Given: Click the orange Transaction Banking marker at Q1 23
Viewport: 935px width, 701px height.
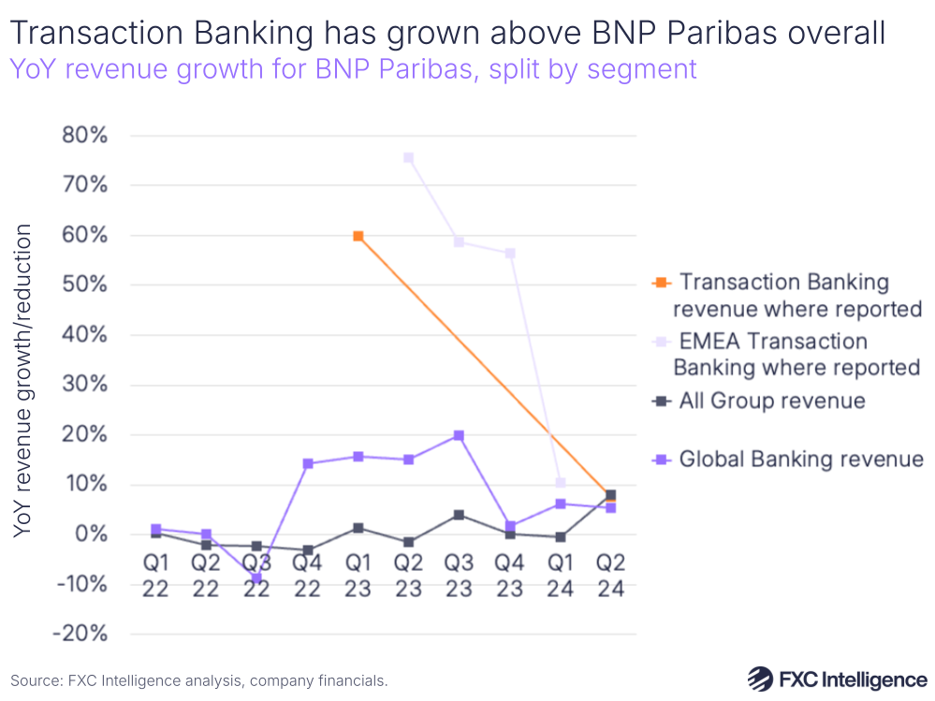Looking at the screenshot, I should tap(358, 236).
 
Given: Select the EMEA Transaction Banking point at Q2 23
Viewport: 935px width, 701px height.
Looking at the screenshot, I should tap(408, 158).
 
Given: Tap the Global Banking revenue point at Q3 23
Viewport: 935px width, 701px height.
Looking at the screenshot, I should tap(459, 435).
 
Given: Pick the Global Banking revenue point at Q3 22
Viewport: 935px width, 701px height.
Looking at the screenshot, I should tap(256, 578).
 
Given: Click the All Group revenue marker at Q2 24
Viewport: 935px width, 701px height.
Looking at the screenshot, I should tap(610, 495).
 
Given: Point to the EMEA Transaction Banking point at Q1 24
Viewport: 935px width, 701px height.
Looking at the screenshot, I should tap(560, 483).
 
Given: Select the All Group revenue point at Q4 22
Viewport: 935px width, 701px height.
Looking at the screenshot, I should tap(307, 550).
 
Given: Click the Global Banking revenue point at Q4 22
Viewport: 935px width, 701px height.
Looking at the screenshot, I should tap(307, 463).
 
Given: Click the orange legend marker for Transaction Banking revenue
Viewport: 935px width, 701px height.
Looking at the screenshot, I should tap(662, 283).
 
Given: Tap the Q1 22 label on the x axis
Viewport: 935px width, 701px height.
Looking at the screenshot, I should tap(155, 577).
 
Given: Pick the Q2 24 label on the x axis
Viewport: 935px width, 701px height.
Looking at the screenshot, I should tap(610, 577).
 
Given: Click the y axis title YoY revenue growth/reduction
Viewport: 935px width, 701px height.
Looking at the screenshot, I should tap(23, 381).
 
